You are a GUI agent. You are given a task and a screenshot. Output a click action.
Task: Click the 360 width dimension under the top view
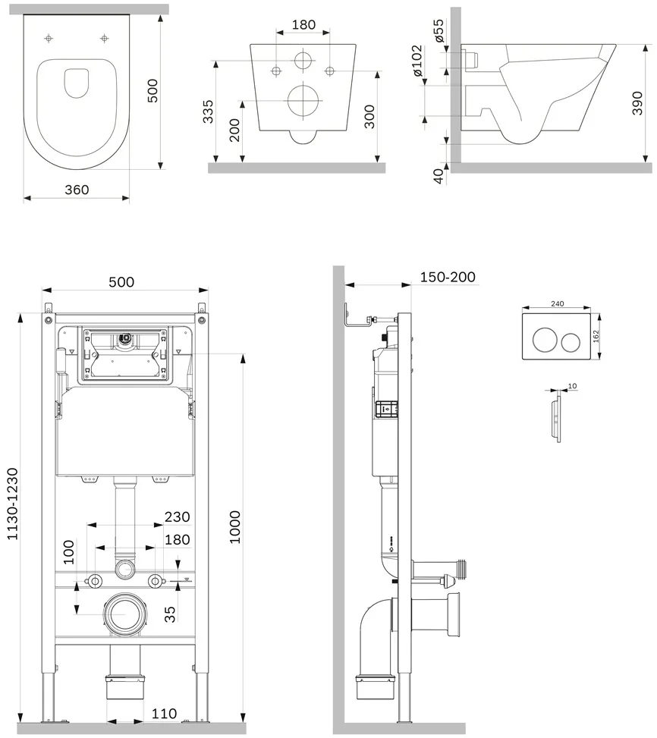tap(77, 190)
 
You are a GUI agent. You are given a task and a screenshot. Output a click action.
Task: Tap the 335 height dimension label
tap(208, 111)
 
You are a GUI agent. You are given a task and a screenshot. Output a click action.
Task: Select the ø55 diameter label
tap(439, 31)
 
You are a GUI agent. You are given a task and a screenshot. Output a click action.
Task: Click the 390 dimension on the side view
tap(637, 103)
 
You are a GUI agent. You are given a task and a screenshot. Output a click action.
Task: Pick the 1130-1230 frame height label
tap(12, 504)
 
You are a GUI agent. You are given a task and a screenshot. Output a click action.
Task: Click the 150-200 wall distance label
tap(448, 277)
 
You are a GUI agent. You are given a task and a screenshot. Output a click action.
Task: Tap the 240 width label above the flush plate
tap(557, 303)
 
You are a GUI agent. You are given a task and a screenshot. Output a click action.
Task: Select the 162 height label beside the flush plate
tap(596, 336)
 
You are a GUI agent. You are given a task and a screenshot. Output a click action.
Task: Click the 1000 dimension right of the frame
tap(234, 527)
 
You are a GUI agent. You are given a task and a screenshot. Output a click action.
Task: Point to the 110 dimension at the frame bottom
tap(164, 714)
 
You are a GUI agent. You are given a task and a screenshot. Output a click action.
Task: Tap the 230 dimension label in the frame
tap(178, 517)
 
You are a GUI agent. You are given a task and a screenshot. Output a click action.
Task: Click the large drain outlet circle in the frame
tap(126, 614)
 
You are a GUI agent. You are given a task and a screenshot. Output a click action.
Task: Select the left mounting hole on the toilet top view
tap(49, 38)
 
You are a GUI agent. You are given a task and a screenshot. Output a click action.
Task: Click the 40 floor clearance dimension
tap(439, 175)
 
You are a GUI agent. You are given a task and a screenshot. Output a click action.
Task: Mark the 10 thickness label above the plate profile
tap(572, 386)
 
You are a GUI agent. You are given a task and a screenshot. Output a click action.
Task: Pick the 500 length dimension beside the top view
tap(153, 91)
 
